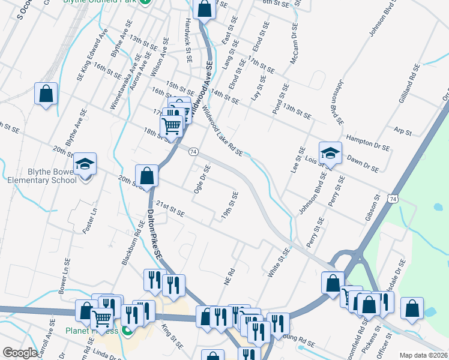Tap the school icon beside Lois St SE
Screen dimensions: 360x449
(x=330, y=154)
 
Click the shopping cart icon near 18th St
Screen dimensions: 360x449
(x=172, y=126)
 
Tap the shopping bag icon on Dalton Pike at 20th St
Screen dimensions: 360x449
(x=146, y=176)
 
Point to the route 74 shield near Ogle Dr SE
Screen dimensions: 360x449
(x=193, y=152)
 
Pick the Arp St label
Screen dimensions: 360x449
(x=403, y=131)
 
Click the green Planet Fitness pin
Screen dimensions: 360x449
(x=127, y=331)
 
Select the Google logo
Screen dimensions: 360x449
(x=20, y=353)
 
